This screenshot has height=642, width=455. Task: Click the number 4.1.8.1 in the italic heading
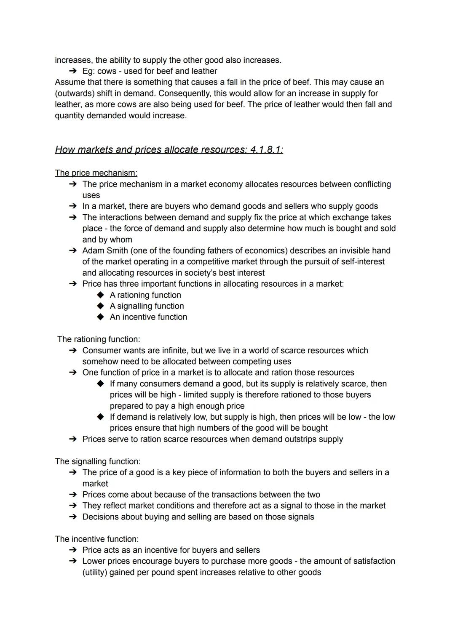[266, 150]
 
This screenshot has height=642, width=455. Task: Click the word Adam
[93, 250]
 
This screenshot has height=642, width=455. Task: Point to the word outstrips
[294, 439]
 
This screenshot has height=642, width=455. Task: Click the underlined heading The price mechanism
[96, 173]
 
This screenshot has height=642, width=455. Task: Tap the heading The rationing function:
[99, 339]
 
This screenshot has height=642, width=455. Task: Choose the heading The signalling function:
[98, 461]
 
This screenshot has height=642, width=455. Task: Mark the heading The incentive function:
[96, 539]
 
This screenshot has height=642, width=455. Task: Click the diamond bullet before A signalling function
[100, 306]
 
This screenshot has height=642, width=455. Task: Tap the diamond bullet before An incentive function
[100, 317]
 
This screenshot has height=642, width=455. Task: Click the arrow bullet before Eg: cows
[73, 71]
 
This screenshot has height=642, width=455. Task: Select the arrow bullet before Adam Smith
[73, 250]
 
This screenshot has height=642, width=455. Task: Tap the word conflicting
[364, 184]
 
